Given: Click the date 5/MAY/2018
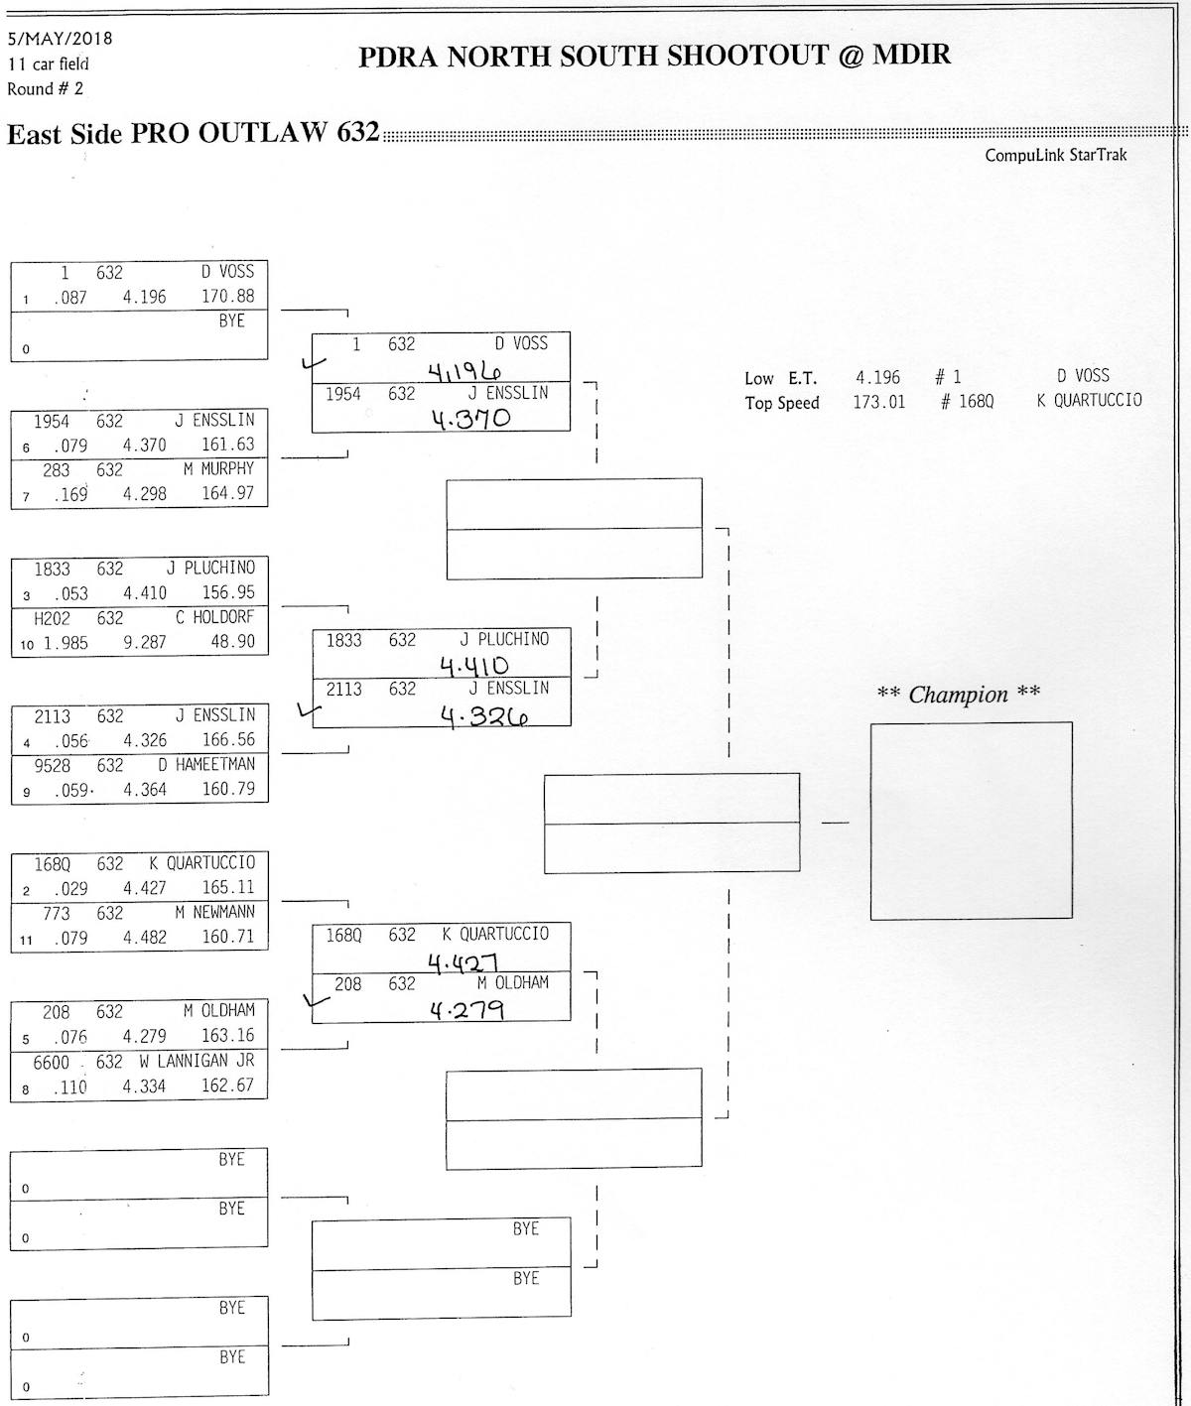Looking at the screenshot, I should pos(60,39).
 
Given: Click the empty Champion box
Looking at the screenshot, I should pos(971,821).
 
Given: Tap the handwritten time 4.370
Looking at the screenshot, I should pos(470,418).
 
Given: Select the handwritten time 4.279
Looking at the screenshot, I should pos(466,1010).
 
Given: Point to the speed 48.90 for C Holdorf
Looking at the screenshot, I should pos(227,641).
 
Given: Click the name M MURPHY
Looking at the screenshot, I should pos(218,468).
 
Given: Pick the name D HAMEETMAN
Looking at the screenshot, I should pos(205,764).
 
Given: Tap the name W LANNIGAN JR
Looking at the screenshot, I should pos(197,1061).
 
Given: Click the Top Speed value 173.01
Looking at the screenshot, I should pos(878,403).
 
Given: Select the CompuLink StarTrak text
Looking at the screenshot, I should pos(1055,155).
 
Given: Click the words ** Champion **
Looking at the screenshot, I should pos(958,694).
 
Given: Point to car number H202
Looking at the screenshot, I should pos(52,617).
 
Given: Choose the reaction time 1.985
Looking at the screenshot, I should pos(65,643).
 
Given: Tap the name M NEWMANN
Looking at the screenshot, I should pos(214,912).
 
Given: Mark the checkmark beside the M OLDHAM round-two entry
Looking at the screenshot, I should pos(317,1000).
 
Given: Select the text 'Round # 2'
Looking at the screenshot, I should pos(46,89).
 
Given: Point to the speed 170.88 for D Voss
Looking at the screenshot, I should pos(227,296).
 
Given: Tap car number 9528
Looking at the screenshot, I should pos(52,765).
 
